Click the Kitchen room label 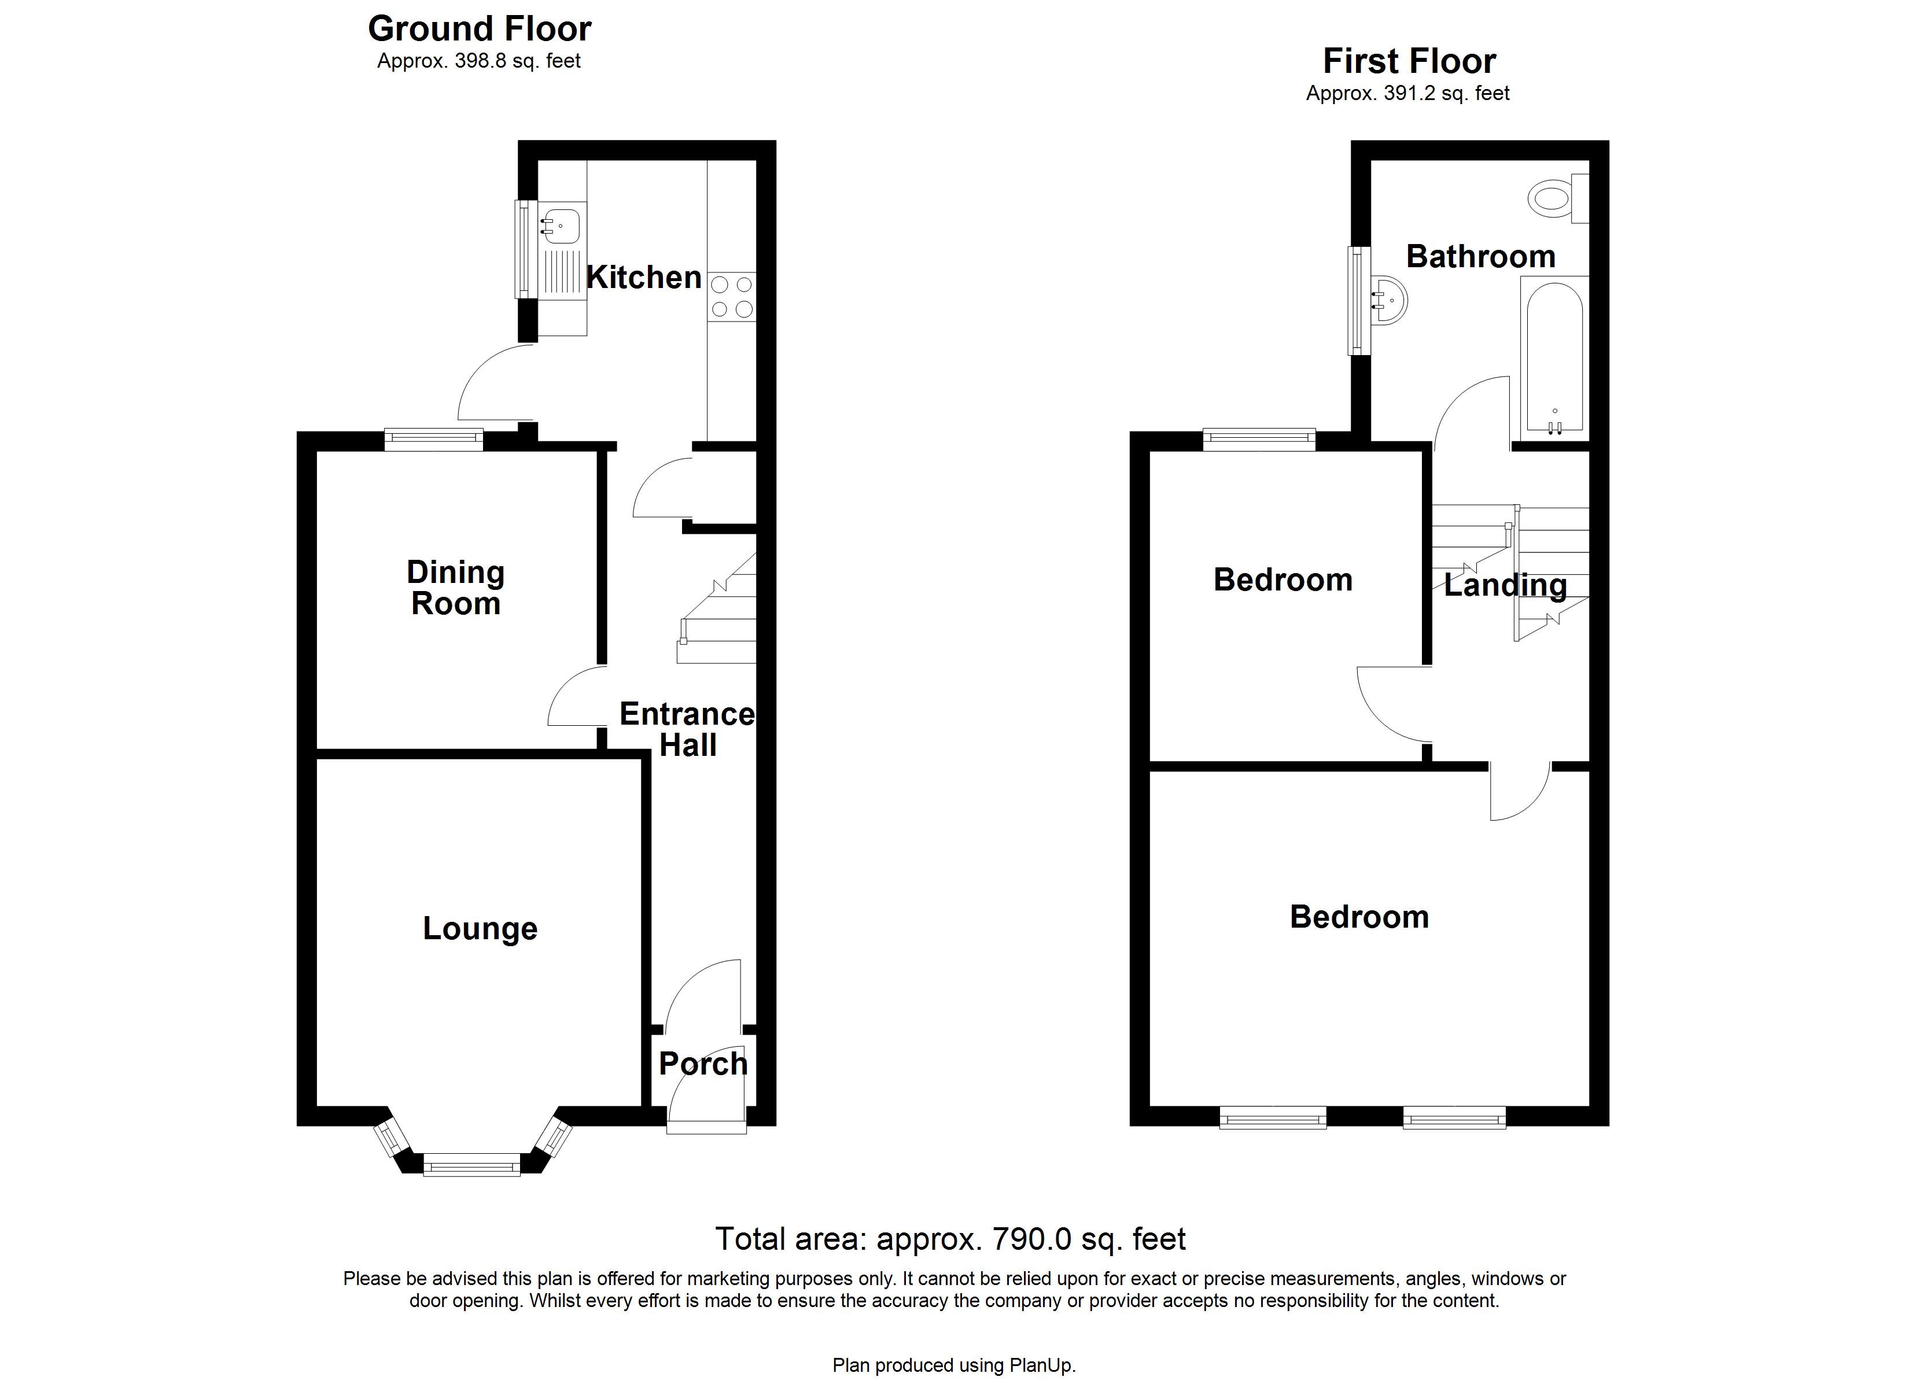(644, 277)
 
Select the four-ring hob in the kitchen (731, 297)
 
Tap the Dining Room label (455, 588)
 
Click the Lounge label (480, 928)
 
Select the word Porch (703, 1064)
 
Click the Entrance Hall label (687, 729)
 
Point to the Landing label (1505, 585)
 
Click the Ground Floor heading (479, 28)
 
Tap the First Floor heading (1409, 61)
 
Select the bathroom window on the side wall (1358, 301)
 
